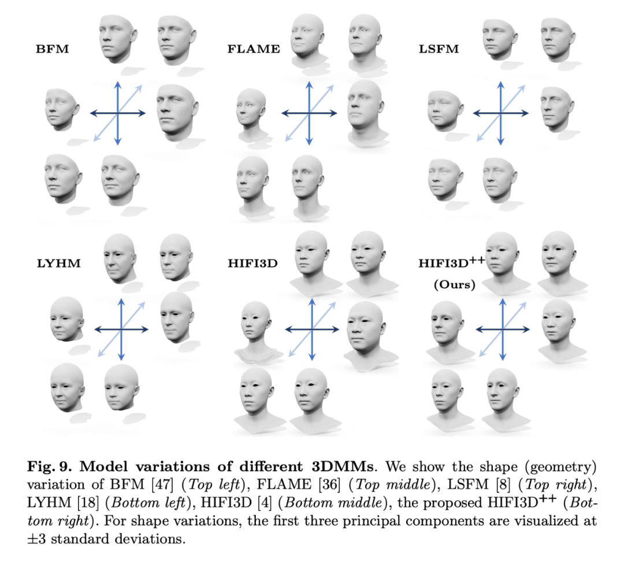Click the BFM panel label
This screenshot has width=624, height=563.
52,49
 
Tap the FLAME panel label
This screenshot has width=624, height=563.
253,49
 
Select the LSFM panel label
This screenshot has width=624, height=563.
439,49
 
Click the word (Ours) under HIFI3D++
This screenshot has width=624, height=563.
453,284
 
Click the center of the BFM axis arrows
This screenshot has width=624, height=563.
118,113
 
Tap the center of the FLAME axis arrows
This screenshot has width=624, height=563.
310,113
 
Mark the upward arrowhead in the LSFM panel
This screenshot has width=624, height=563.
500,86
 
